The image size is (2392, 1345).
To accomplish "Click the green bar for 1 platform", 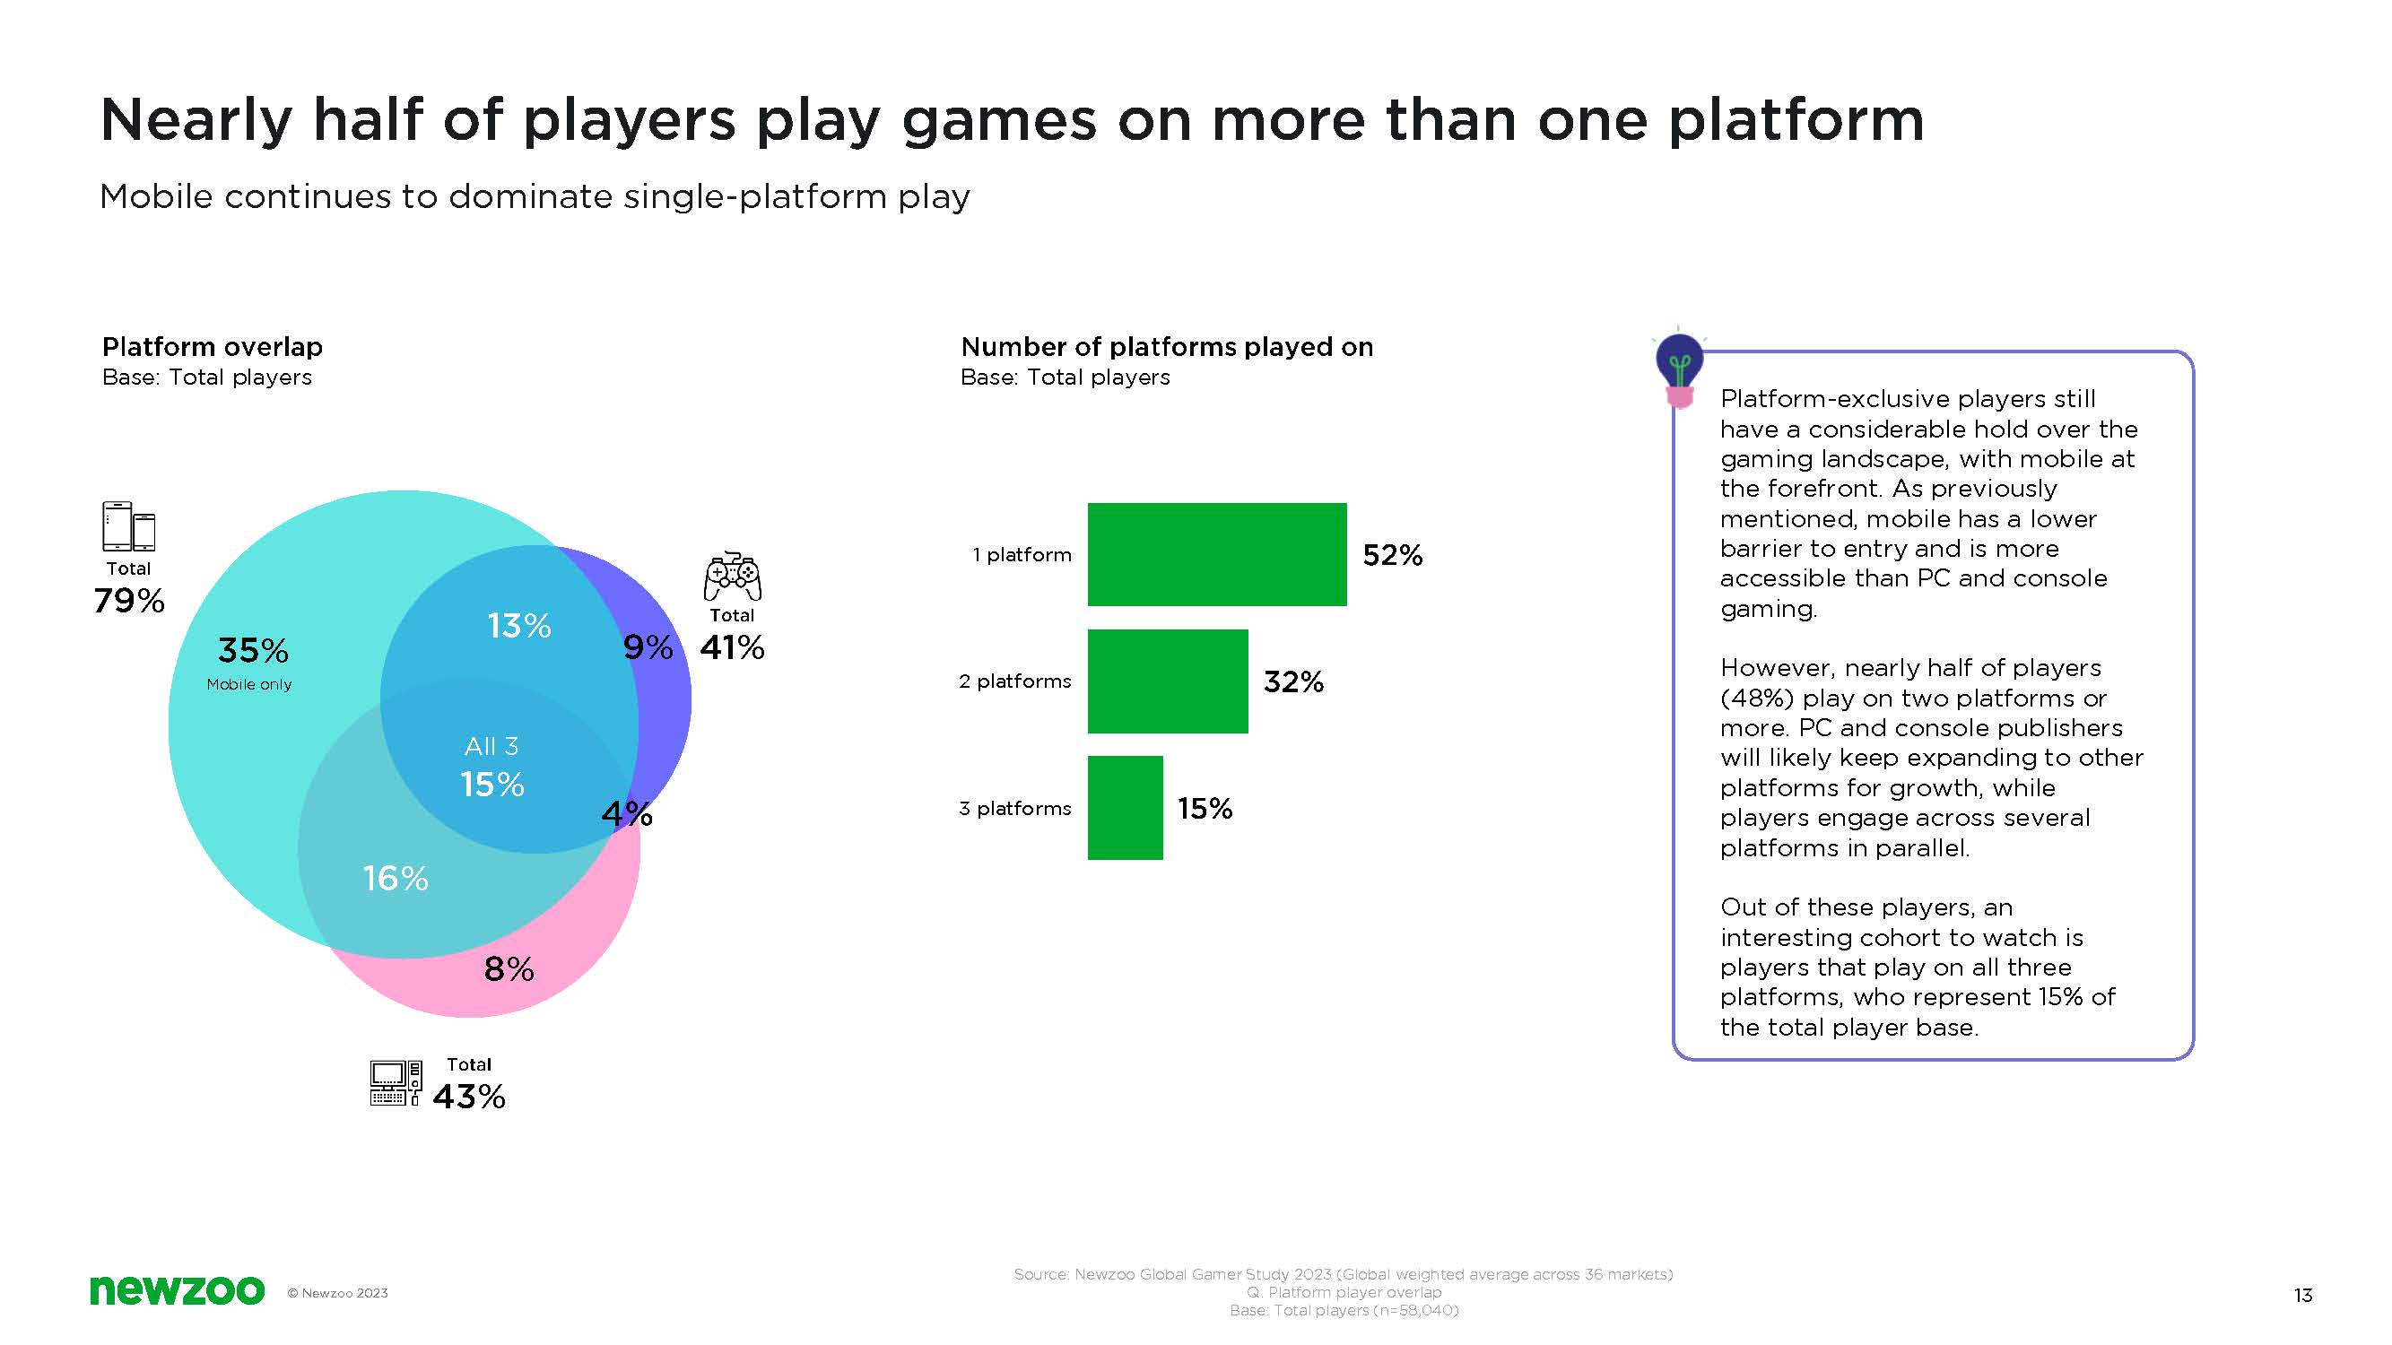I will pos(1216,554).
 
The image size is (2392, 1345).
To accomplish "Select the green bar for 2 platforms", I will pos(1167,681).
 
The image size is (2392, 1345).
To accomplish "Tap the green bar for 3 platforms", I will pos(1125,808).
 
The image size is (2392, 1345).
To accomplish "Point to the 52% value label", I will pos(1392,555).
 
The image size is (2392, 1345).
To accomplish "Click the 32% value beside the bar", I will pos(1292,682).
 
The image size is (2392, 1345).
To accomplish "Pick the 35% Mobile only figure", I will pos(253,651).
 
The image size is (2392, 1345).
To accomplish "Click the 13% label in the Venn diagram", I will pos(519,626).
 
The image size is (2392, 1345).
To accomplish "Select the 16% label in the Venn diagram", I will pos(396,878).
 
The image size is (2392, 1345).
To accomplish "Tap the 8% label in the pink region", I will pos(509,969).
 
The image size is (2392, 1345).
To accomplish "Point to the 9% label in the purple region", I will pos(648,647).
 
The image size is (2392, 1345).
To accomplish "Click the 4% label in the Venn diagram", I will pos(627,814).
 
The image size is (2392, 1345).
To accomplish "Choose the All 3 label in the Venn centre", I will pos(491,746).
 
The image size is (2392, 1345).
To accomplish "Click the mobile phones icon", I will pos(128,526).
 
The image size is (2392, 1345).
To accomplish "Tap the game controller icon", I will pos(733,577).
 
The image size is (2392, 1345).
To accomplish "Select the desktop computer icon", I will pos(396,1083).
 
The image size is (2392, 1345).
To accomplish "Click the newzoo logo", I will pos(177,1290).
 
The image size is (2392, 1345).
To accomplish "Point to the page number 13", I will pos(2302,1295).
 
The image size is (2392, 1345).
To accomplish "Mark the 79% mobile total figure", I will pos(129,601).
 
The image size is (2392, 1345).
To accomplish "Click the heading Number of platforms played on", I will pos(1166,347).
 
